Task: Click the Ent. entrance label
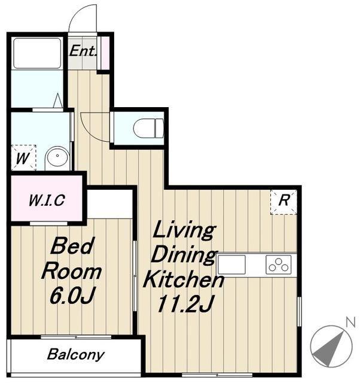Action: tap(83, 51)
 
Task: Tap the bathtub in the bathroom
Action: tap(37, 53)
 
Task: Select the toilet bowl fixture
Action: tap(149, 128)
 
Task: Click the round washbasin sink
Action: tap(57, 158)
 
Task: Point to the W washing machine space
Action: tap(23, 157)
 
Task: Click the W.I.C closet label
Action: tap(47, 200)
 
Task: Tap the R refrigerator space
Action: tap(283, 202)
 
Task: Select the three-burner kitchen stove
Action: tap(279, 265)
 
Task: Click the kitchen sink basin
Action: tap(231, 265)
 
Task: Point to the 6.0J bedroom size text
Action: tap(72, 295)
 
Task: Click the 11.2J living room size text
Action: tap(185, 304)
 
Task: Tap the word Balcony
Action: tap(76, 354)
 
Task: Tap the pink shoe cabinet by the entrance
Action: tap(105, 53)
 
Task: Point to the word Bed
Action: tap(72, 245)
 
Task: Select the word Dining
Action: tap(184, 255)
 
